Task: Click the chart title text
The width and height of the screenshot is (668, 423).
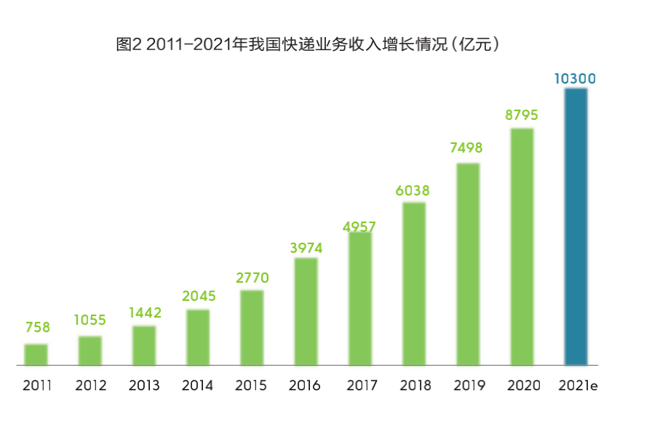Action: coord(309,45)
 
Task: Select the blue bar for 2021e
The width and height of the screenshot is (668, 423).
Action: coord(576,226)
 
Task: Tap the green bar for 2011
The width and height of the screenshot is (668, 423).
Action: coord(36,354)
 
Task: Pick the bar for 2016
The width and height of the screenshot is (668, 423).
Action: coord(306,311)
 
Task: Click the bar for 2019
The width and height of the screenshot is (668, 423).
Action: coord(468,264)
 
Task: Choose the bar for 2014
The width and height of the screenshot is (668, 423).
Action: coord(198,337)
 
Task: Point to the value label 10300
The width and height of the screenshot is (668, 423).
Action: coord(575,78)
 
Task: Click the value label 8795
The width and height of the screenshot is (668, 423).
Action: coord(522,116)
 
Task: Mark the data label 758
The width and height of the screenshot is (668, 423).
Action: coord(36,328)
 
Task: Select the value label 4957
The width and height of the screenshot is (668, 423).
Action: coord(359,226)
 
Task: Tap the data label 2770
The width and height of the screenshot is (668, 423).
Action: coord(253,278)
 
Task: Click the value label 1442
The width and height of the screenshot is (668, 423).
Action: coord(145,313)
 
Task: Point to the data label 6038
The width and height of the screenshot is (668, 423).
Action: coord(413,191)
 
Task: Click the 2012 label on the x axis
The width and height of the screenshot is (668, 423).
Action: coord(90,385)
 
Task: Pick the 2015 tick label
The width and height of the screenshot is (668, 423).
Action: coord(252,385)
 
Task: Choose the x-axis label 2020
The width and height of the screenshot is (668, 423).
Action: coord(522,385)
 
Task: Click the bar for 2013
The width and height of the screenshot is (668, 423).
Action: coord(144,345)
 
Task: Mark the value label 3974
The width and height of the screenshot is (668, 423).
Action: coord(306,248)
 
